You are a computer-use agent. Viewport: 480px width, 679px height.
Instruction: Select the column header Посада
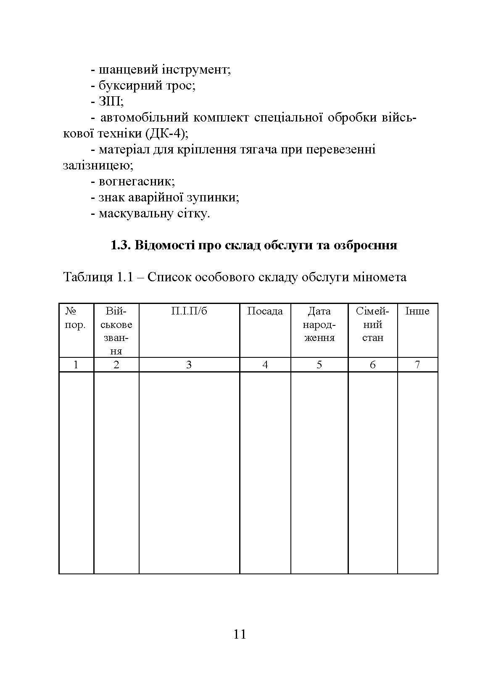[x=265, y=311]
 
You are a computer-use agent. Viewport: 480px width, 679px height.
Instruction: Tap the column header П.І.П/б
[x=189, y=311]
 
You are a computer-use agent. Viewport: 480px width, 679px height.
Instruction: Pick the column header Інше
[x=417, y=311]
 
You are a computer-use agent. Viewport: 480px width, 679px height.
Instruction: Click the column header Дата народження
[x=319, y=324]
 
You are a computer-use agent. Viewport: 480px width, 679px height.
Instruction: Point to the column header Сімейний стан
[x=372, y=324]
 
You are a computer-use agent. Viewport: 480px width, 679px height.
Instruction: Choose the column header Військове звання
[x=116, y=331]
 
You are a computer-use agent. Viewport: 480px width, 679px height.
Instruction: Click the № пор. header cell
[x=76, y=318]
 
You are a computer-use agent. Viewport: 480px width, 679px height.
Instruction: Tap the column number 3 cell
[x=189, y=365]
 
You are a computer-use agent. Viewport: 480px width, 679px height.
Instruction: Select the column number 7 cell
[x=417, y=365]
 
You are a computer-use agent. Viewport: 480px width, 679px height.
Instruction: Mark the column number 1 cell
[x=76, y=365]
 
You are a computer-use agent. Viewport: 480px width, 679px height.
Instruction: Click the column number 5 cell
[x=319, y=365]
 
